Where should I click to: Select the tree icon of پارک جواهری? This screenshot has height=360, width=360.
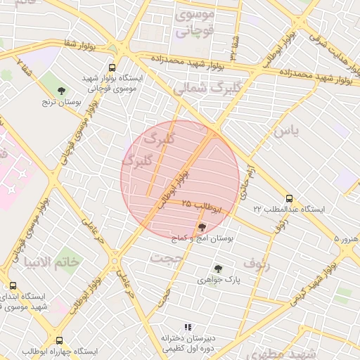click(x=218, y=269)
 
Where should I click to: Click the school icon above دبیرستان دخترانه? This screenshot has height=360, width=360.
click(x=187, y=328)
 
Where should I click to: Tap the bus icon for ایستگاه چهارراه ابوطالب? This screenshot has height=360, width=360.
click(x=59, y=340)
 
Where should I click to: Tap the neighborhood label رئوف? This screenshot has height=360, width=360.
click(x=257, y=262)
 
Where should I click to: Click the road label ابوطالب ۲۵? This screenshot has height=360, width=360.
click(x=202, y=205)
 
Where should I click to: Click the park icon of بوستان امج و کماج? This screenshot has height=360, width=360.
click(x=203, y=227)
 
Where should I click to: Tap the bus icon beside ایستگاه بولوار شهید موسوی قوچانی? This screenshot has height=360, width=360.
click(x=112, y=68)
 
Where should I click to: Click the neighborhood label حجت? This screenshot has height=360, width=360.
click(x=166, y=258)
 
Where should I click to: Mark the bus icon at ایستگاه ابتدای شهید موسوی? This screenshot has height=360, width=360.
click(x=13, y=285)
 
